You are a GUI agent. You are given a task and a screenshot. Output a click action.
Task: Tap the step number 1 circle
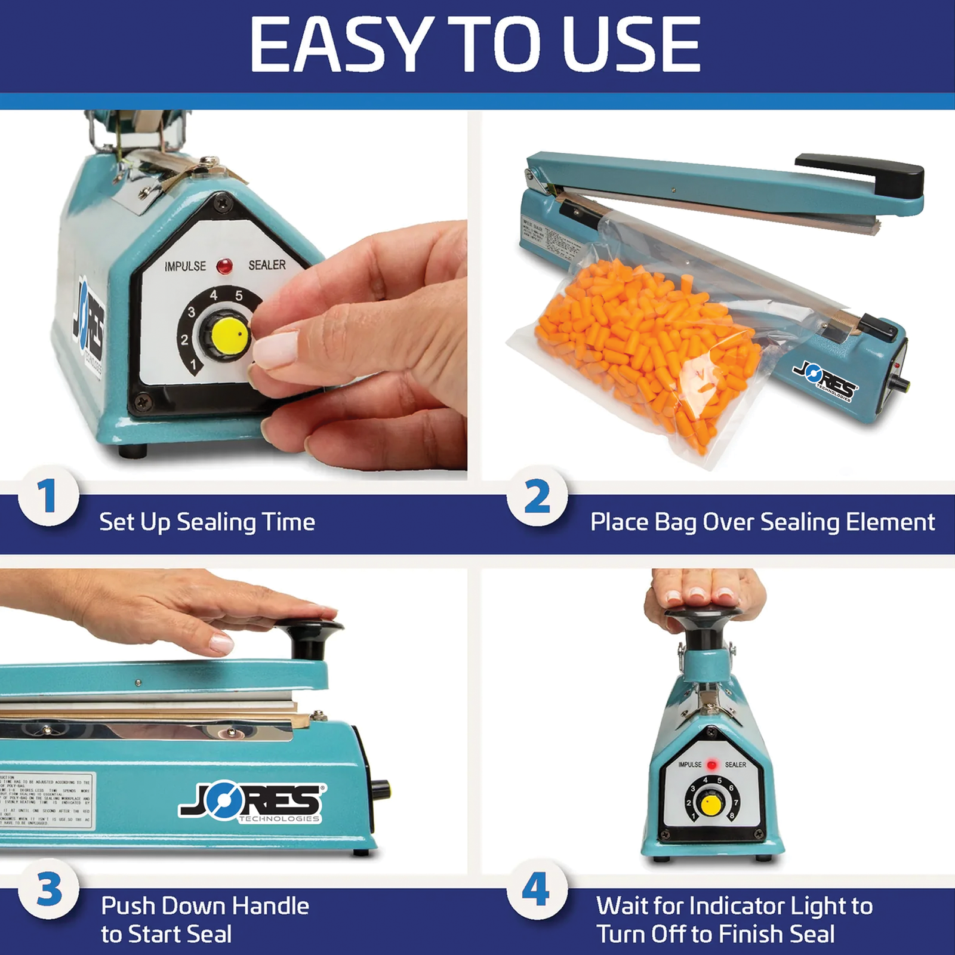[48, 496]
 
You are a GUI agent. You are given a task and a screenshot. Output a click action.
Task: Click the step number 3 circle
[48, 889]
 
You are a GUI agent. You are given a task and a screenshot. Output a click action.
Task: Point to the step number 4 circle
[535, 889]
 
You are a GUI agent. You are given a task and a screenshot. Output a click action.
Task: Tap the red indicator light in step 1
[225, 266]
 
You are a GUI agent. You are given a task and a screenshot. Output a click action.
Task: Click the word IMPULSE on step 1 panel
[185, 266]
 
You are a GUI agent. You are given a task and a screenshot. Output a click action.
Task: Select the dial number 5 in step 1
[239, 295]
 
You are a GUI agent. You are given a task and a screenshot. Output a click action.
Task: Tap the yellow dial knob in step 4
[710, 805]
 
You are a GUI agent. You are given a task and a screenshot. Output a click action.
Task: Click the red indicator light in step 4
[711, 765]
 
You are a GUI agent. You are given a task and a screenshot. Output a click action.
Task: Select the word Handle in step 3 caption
[270, 906]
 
